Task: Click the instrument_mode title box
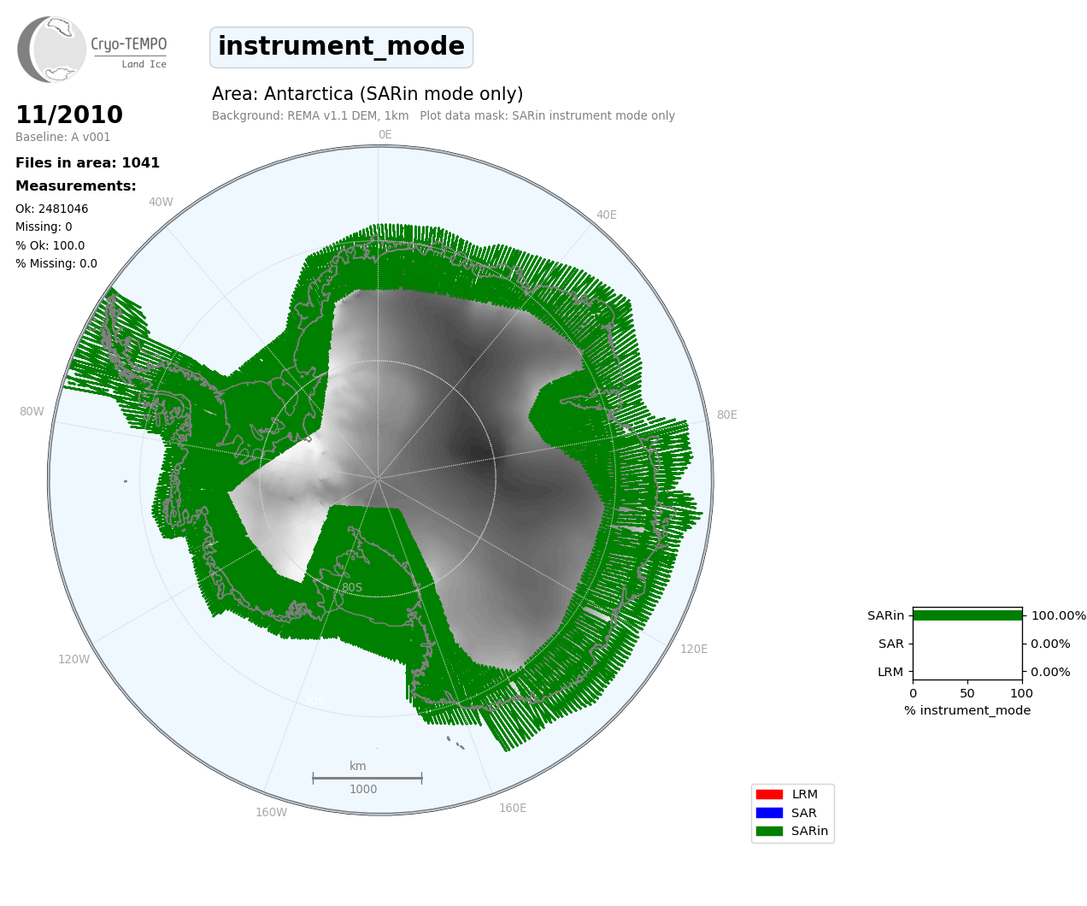(341, 47)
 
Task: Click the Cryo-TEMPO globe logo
(51, 49)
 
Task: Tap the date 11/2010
(69, 115)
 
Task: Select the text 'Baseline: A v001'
(63, 137)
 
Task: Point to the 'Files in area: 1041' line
(87, 163)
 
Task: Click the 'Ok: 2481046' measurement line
(51, 209)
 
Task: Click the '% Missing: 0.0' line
(56, 263)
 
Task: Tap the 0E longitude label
(385, 134)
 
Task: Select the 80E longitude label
(726, 415)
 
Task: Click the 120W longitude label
(74, 659)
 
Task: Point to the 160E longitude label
(513, 808)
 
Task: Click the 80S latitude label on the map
(352, 587)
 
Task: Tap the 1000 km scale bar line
(367, 778)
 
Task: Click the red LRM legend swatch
(769, 794)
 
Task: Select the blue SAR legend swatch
(769, 812)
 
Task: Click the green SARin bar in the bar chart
(967, 615)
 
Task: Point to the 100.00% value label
(1058, 615)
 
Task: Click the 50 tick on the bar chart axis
(967, 693)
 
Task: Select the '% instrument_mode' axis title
(967, 710)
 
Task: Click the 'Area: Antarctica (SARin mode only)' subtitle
(367, 94)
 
